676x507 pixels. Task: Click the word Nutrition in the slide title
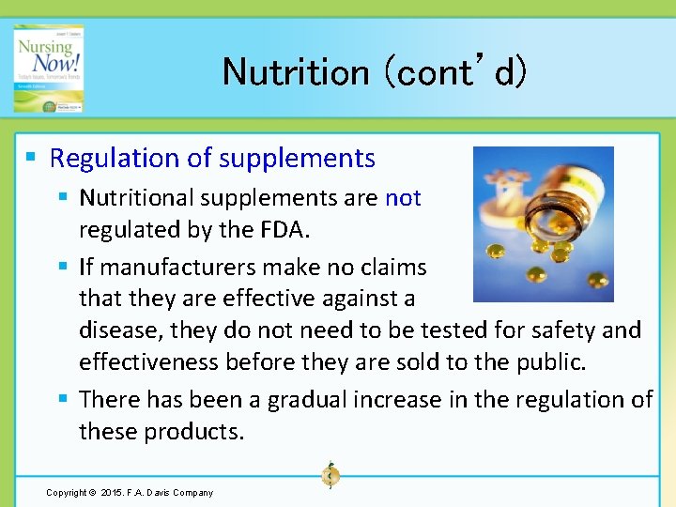click(296, 71)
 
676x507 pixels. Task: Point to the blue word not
click(403, 198)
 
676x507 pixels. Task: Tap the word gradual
click(305, 400)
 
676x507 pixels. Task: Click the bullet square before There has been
click(63, 400)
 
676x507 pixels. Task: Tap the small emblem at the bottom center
click(330, 475)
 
